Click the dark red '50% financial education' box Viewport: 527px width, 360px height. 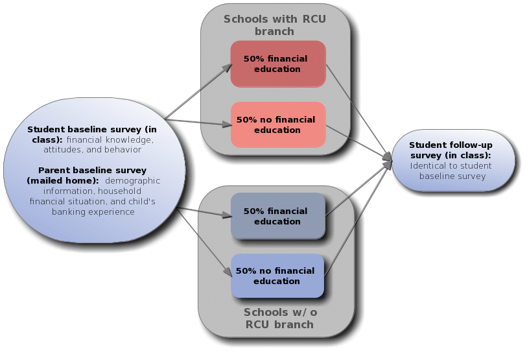click(x=277, y=64)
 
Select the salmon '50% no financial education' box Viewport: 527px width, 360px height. click(x=277, y=125)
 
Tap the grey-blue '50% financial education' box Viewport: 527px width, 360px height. click(x=277, y=216)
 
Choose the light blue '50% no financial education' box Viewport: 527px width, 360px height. click(x=277, y=276)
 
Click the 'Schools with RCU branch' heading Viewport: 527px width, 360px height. click(x=274, y=25)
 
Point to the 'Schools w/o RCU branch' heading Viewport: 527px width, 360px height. click(x=279, y=318)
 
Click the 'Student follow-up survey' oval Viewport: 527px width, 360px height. click(x=453, y=161)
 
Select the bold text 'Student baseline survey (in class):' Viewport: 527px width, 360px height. click(x=91, y=134)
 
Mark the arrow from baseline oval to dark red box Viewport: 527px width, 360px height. click(x=198, y=91)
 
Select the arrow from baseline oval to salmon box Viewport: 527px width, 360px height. click(x=198, y=121)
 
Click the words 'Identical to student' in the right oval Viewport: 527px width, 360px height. click(x=451, y=166)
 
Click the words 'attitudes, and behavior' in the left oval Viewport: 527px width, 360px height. click(x=92, y=150)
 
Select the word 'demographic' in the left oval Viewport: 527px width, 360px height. click(x=132, y=181)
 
